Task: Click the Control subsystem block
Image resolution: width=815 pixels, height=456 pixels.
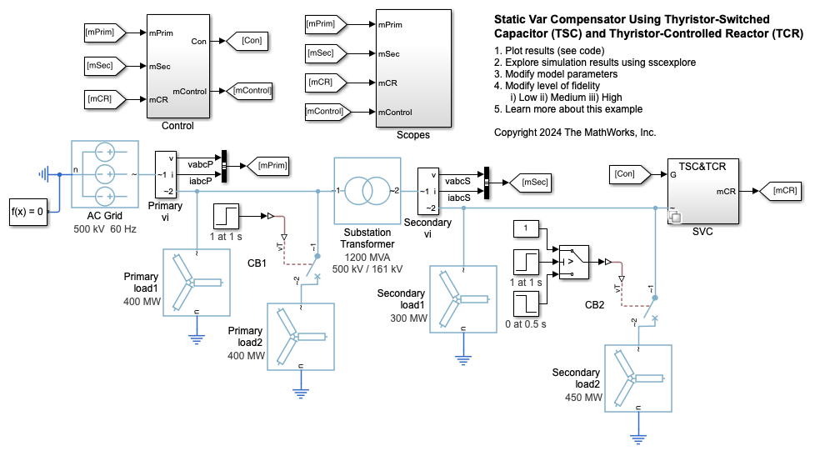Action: point(178,66)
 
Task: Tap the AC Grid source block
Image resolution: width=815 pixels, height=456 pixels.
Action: point(105,173)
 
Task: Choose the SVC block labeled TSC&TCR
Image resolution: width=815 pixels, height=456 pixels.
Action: point(702,191)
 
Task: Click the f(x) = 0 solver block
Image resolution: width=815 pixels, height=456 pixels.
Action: point(27,212)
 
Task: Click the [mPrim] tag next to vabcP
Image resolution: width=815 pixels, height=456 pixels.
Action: point(268,167)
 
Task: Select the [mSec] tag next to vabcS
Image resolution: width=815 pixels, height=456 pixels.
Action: point(530,181)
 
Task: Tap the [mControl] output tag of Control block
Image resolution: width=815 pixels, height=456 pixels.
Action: point(252,90)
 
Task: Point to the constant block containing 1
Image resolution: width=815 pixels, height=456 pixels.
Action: point(526,228)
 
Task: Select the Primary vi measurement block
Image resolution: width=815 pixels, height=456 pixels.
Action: point(167,174)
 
